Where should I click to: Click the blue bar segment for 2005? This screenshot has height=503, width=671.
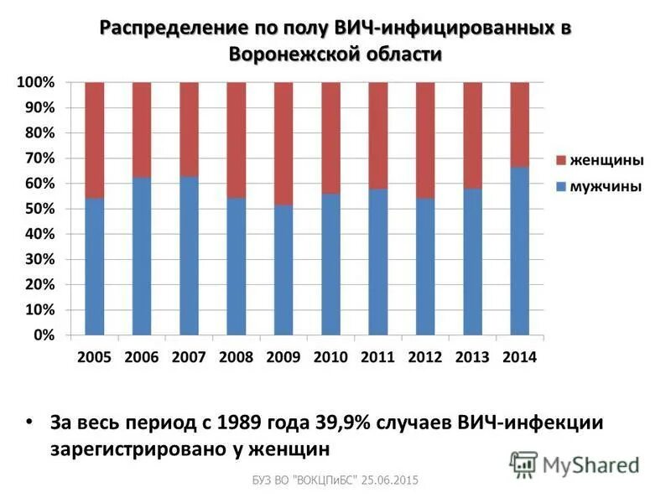tap(94, 267)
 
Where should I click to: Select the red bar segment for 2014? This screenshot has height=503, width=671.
tap(520, 124)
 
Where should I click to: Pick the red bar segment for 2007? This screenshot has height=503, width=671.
tap(189, 129)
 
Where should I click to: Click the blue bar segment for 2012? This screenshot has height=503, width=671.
tap(425, 267)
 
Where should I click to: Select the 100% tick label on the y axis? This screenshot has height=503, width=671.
tap(36, 83)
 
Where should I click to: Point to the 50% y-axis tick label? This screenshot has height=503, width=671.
tap(39, 209)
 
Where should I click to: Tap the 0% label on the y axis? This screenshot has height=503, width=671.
tap(44, 334)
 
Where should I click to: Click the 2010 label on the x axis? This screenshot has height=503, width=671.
tap(330, 357)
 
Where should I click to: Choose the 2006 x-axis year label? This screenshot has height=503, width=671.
tap(141, 357)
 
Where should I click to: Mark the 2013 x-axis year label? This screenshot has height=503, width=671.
tap(472, 357)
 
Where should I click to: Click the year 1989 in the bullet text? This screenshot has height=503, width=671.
tap(239, 422)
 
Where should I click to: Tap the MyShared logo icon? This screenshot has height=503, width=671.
tap(523, 464)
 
